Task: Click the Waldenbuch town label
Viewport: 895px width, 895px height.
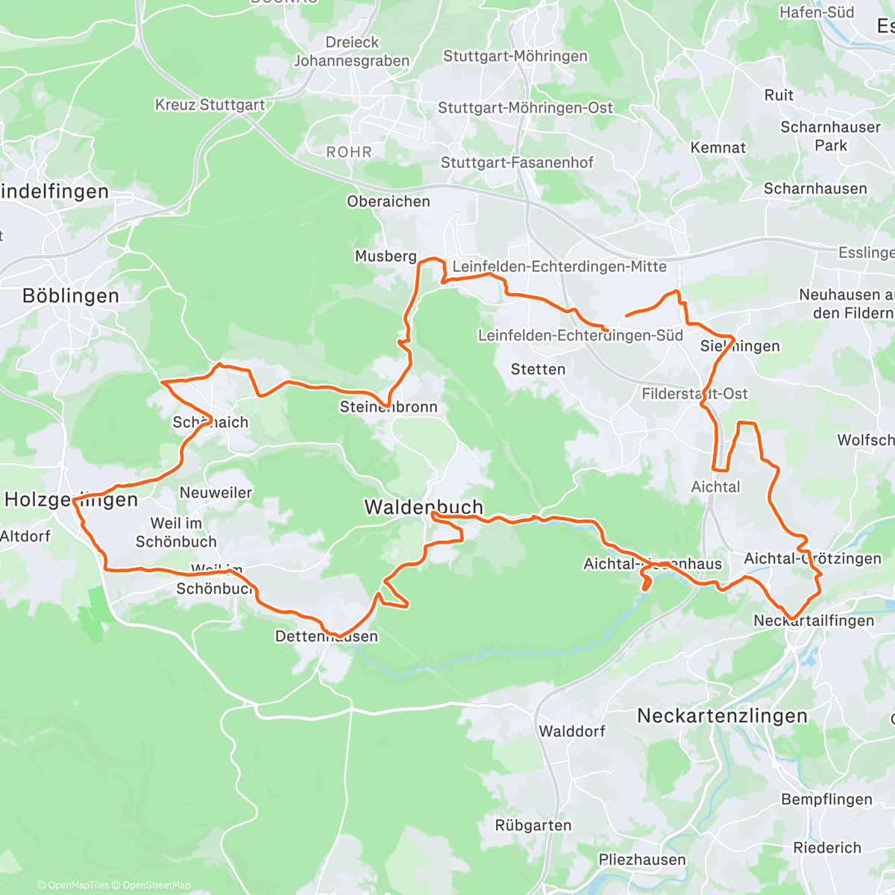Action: coord(423,507)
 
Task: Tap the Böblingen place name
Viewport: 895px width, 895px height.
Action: coord(71,296)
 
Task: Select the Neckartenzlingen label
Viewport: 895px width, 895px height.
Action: coord(722,716)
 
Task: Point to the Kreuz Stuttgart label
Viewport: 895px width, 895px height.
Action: coord(210,105)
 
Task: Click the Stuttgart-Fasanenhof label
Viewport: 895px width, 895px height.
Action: coord(517,163)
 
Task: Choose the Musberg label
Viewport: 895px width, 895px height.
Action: coord(386,257)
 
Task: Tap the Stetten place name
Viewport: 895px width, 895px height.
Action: coord(538,369)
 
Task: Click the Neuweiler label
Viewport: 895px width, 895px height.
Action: coord(216,493)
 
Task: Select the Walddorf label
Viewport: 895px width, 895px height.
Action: coord(572,731)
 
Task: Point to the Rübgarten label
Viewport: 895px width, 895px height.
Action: coord(533,826)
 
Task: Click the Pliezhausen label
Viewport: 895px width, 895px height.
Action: coord(642,860)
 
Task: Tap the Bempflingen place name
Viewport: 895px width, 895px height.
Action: coord(826,800)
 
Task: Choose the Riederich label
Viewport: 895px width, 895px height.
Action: coord(827,848)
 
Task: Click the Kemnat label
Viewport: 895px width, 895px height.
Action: coord(717,148)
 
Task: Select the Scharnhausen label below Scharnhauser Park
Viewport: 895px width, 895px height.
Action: coord(815,189)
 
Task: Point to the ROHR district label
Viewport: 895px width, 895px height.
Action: coord(348,152)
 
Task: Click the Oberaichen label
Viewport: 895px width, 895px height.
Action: coord(388,201)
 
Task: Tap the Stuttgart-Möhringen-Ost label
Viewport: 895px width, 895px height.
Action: coord(525,108)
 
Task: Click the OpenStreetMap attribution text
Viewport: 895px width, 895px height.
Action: coord(157,885)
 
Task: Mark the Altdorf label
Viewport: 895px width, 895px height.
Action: coord(25,536)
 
